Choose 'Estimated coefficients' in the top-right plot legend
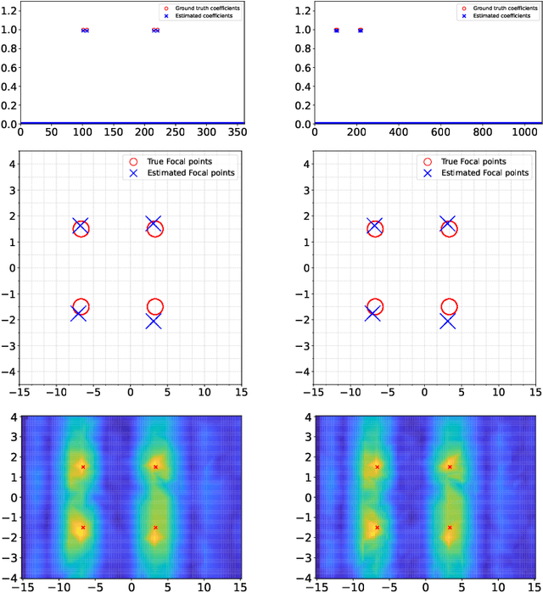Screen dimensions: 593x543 click(490, 16)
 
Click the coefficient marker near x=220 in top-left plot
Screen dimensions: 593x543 click(155, 30)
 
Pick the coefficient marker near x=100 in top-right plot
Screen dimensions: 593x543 click(337, 30)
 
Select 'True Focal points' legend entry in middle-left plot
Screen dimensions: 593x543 click(182, 161)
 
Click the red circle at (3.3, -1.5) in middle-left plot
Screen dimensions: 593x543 click(154, 307)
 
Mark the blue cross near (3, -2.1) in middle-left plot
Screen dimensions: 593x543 click(154, 322)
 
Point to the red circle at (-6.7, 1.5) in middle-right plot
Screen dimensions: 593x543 click(375, 229)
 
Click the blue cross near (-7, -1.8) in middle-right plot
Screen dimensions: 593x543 click(372, 313)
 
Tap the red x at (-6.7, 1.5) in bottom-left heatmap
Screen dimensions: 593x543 click(83, 467)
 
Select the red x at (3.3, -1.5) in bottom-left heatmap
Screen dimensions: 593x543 click(155, 527)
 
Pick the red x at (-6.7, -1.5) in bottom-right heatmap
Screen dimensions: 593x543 click(378, 527)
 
